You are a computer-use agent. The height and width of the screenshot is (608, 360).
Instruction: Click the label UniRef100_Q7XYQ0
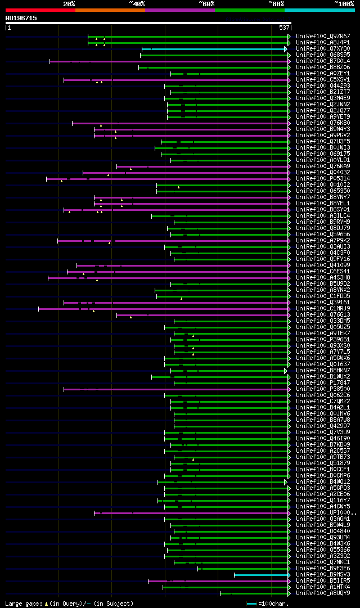pyautogui.click(x=323, y=49)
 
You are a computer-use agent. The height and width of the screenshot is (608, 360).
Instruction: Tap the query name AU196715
pyautogui.click(x=21, y=18)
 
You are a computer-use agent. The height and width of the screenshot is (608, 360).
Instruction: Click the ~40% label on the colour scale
pyautogui.click(x=137, y=4)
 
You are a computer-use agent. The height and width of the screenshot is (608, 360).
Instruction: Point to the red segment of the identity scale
pyautogui.click(x=40, y=10)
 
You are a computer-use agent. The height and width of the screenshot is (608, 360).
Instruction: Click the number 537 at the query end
pyautogui.click(x=284, y=28)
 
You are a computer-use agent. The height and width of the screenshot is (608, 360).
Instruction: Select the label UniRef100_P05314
pyautogui.click(x=323, y=179)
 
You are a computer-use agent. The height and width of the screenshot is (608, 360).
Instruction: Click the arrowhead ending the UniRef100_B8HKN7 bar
pyautogui.click(x=286, y=371)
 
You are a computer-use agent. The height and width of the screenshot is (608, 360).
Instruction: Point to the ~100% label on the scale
pyautogui.click(x=344, y=4)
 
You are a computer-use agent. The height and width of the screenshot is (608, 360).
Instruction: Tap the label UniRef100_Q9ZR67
pyautogui.click(x=323, y=37)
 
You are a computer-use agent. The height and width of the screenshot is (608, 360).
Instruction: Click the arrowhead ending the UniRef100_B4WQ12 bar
pyautogui.click(x=286, y=482)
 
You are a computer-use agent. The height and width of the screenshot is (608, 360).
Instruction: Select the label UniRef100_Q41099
pyautogui.click(x=323, y=265)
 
